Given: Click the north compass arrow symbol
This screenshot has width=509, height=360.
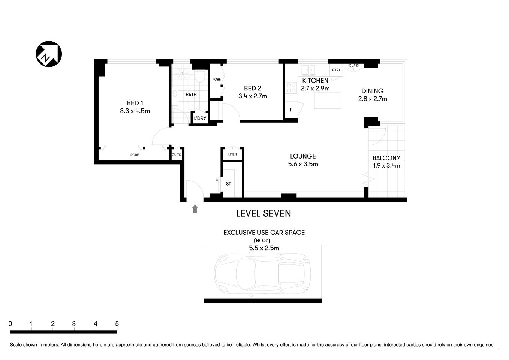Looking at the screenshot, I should tap(49, 54).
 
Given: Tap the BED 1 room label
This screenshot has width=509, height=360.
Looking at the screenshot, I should tap(135, 103).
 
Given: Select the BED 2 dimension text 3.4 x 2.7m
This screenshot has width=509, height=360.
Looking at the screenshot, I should tap(252, 96).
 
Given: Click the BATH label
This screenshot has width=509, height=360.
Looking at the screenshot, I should tap(191, 94).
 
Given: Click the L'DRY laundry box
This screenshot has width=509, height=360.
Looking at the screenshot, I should tap(200, 118).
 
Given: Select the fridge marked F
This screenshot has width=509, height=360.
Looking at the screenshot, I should tap(291, 110).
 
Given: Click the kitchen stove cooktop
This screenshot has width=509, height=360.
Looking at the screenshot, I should tap(291, 88).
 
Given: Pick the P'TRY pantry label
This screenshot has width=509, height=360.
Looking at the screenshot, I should tap(336, 70).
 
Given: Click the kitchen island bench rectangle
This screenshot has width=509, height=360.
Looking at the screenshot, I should tap(328, 100).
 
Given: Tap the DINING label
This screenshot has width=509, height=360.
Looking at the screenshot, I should tap(372, 91).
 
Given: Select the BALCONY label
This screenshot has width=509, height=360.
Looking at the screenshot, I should tap(386, 158).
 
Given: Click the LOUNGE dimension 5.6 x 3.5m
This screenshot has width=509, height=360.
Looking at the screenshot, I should tap(303, 164).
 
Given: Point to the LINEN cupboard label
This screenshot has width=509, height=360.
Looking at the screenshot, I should tap(232, 154).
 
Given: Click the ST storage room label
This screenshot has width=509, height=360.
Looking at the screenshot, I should tap(228, 184).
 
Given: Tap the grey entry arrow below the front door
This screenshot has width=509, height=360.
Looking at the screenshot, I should tap(195, 209).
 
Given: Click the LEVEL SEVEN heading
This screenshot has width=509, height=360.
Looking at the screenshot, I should tap(263, 213).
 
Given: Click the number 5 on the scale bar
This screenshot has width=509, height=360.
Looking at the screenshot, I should tap(117, 324).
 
